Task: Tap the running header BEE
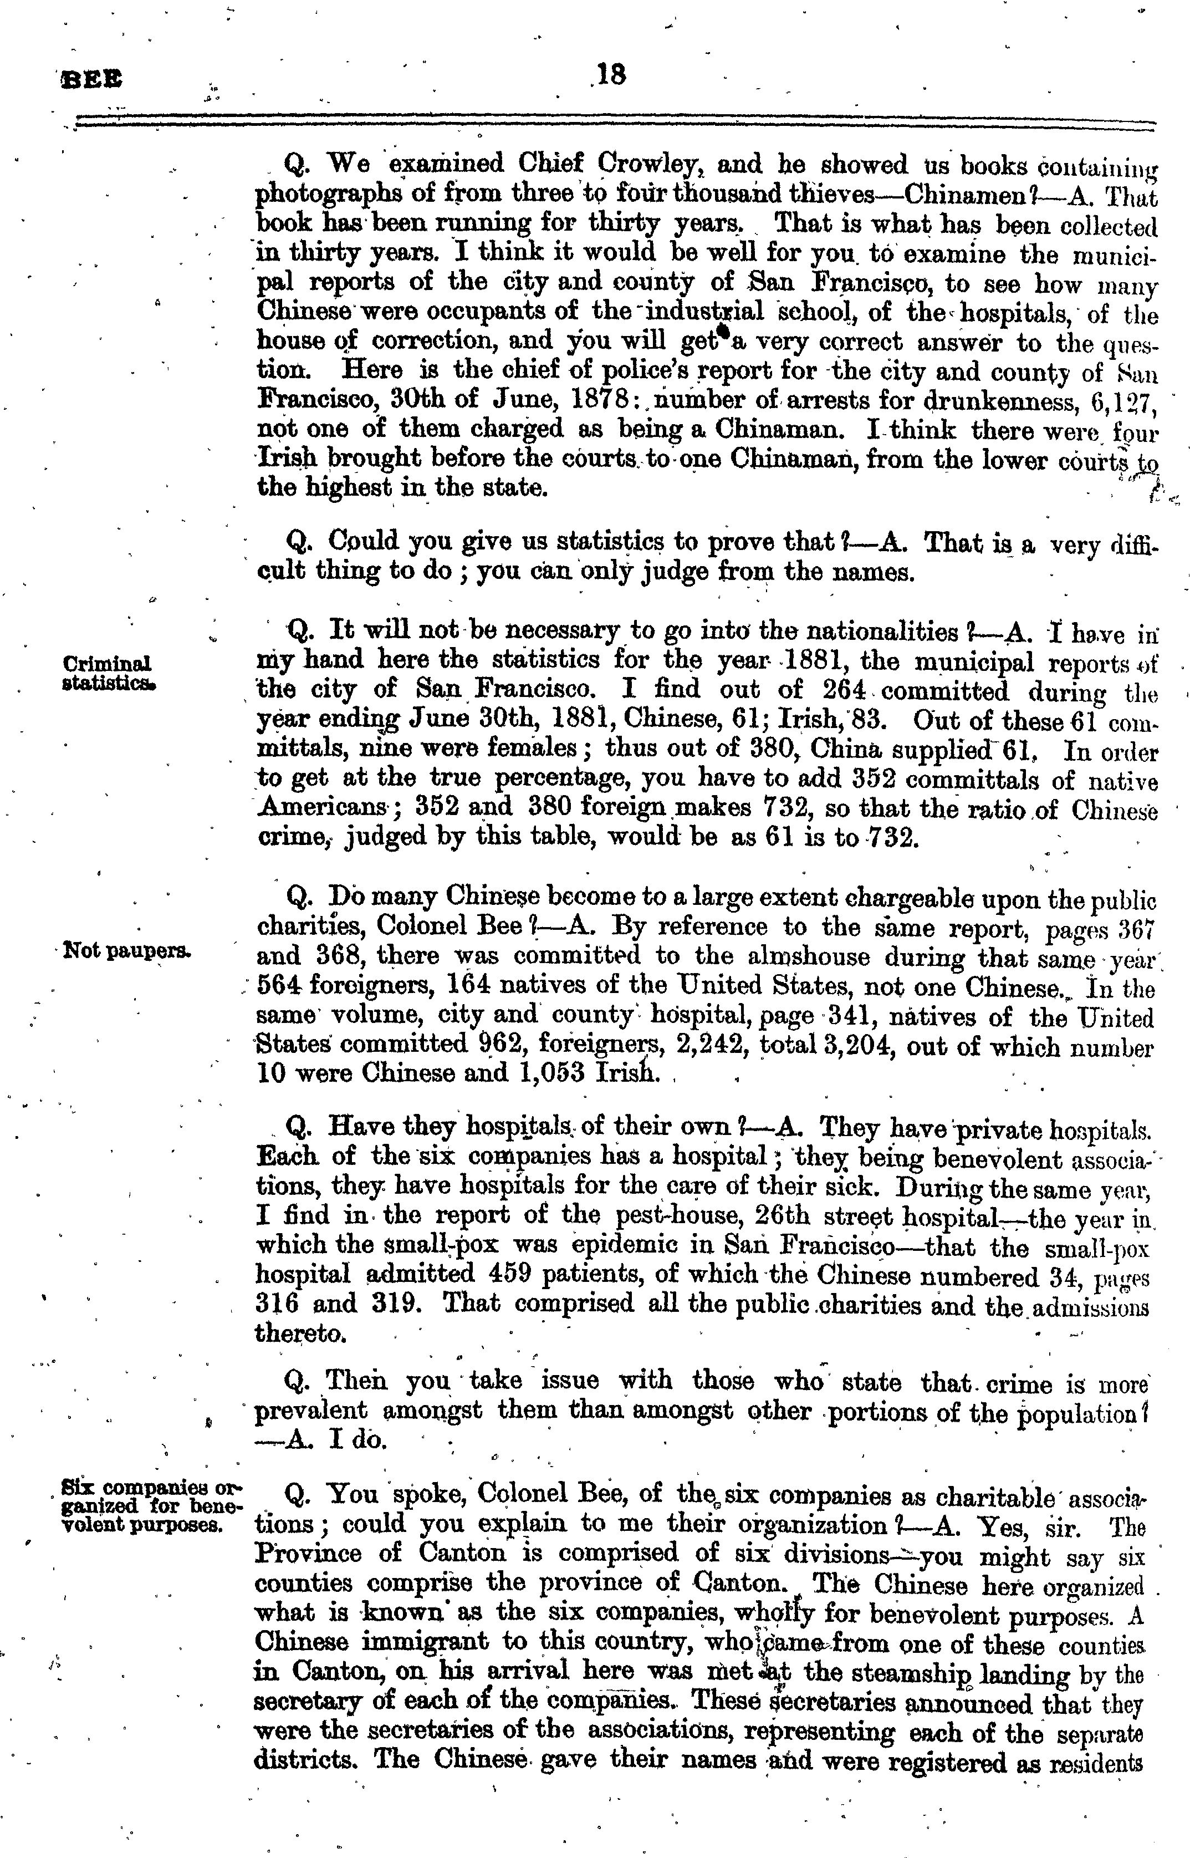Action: coord(91,80)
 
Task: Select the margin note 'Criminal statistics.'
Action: coord(108,673)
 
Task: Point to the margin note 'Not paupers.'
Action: coord(127,951)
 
